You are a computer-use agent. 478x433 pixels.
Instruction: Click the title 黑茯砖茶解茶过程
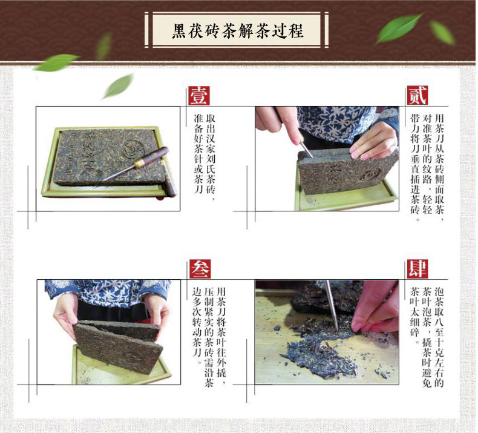click(x=237, y=30)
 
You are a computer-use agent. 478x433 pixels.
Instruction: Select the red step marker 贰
click(x=417, y=96)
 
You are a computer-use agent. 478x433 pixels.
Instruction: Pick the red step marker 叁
click(x=200, y=269)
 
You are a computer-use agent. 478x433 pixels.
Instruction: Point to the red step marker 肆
click(x=417, y=269)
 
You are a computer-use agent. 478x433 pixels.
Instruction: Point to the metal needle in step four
click(x=332, y=305)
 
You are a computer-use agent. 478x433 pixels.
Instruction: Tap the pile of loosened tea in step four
click(x=320, y=351)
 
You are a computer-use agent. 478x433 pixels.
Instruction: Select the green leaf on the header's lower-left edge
click(x=56, y=62)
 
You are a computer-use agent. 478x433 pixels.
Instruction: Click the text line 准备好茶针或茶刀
click(x=198, y=153)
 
